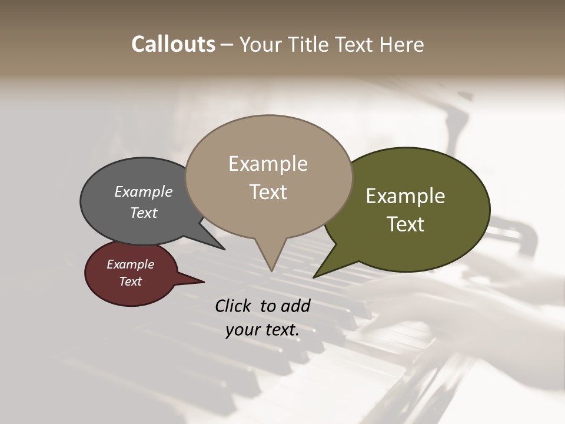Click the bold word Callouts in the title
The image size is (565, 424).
point(173,44)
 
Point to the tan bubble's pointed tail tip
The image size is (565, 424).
point(271,271)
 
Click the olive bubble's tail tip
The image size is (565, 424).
point(314,277)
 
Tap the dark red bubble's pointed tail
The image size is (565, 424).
point(203,282)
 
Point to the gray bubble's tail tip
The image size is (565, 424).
point(224,249)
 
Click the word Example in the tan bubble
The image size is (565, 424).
point(268,164)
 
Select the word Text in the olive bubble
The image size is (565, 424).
point(406,224)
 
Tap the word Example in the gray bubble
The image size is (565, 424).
point(144,191)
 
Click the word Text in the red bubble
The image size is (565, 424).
point(131,281)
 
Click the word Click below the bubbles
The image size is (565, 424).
point(235,306)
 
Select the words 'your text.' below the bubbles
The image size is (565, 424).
point(262,330)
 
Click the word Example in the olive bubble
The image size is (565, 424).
point(406,196)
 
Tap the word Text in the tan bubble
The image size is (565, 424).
point(268,192)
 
